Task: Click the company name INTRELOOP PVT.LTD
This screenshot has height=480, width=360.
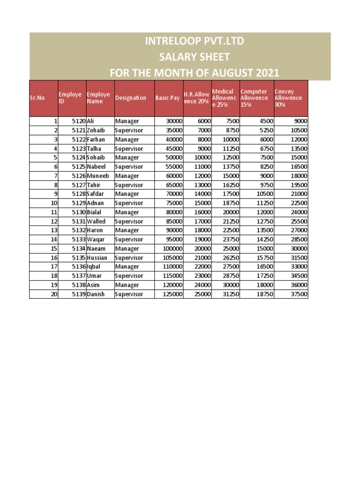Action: [195, 41]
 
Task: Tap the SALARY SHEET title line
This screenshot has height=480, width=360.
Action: [195, 57]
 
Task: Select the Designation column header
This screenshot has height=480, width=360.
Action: [131, 98]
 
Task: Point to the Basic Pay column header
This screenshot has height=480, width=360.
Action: [167, 98]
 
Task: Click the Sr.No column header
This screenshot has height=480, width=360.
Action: [37, 98]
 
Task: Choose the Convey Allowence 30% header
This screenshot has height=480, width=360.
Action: [288, 98]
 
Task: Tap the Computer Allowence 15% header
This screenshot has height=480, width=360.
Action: [254, 98]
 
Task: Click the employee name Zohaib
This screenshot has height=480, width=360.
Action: [97, 130]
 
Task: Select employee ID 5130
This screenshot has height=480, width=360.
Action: [79, 212]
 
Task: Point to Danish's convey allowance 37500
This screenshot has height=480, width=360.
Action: [299, 294]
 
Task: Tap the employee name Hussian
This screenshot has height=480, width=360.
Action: [97, 258]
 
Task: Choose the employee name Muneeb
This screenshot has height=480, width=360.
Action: [98, 176]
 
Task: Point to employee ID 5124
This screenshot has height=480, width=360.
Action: [79, 157]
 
